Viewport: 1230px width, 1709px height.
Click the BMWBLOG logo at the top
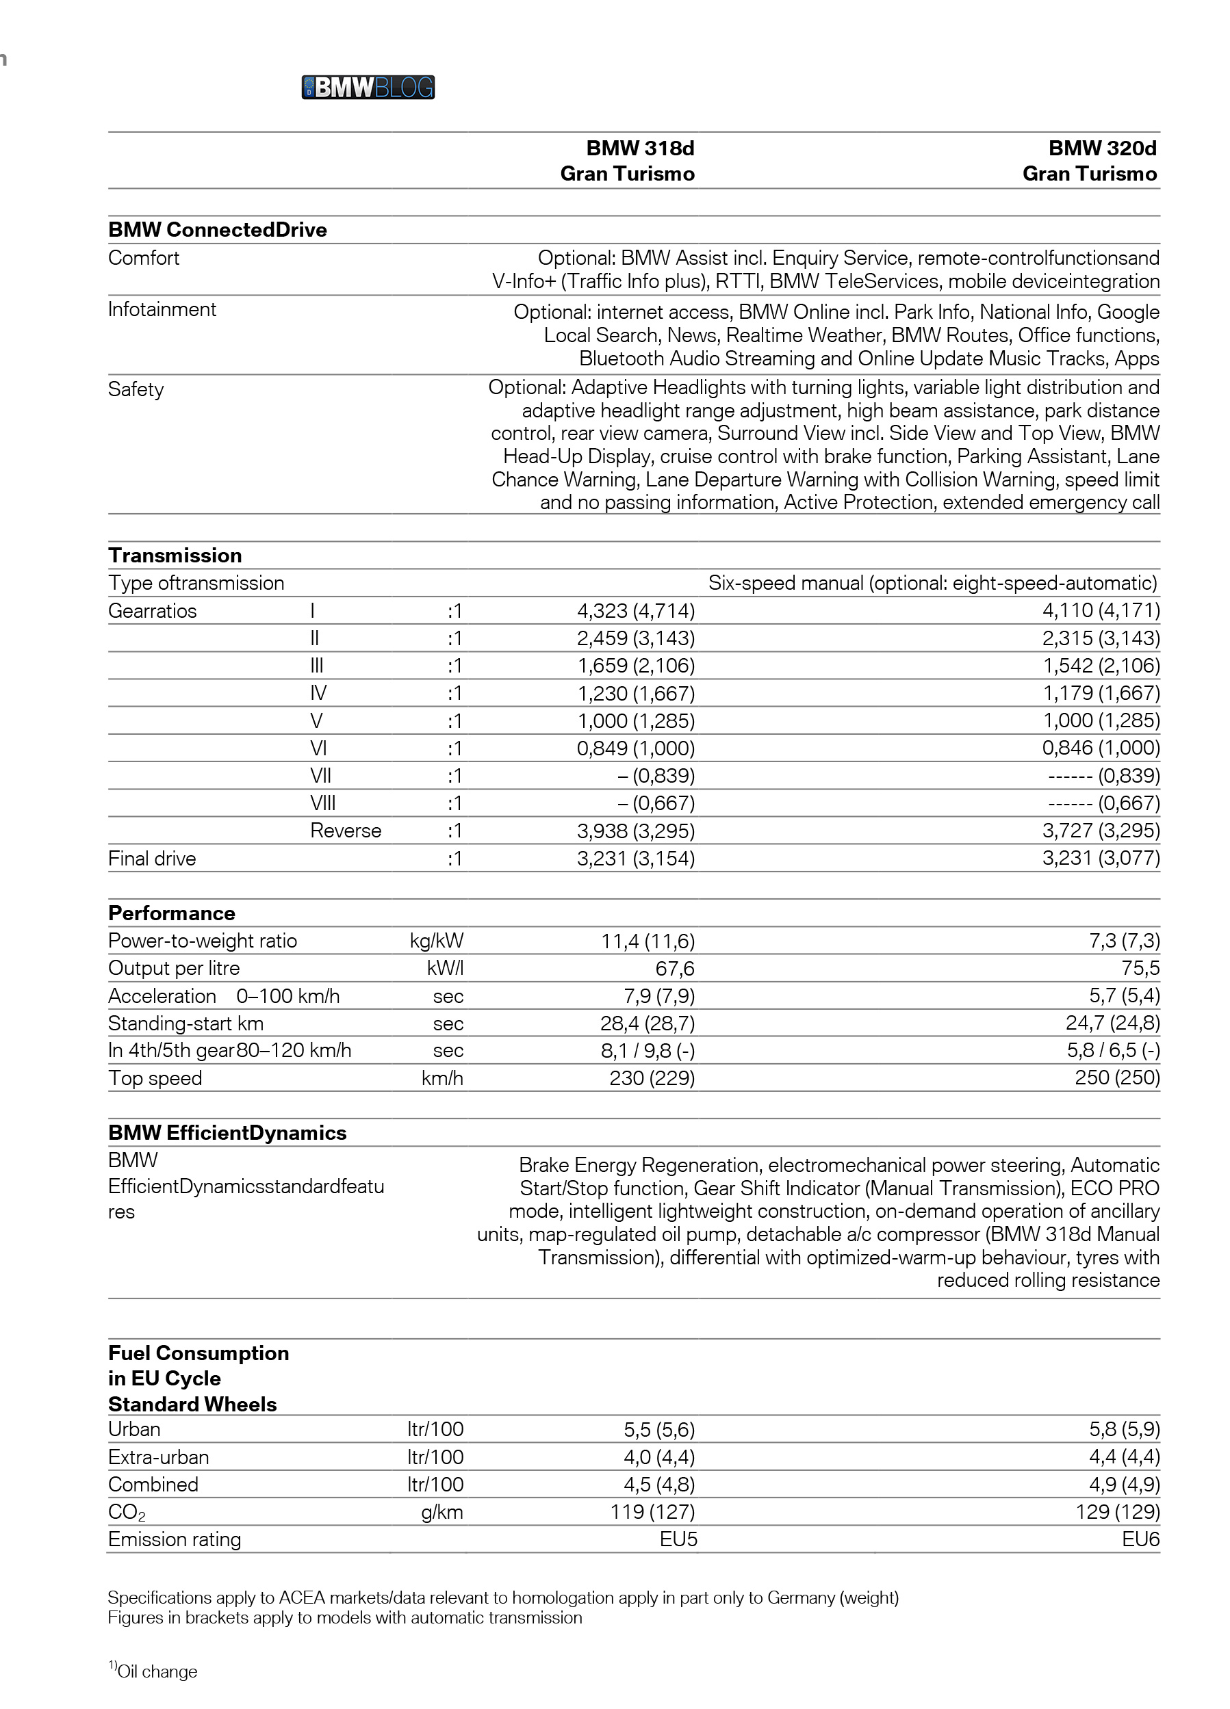pos(368,88)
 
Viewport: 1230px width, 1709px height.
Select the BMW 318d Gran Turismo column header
pos(627,161)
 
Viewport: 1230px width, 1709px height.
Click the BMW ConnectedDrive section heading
pos(217,230)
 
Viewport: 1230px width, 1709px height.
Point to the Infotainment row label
pos(162,310)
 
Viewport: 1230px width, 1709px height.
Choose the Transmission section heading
pos(175,556)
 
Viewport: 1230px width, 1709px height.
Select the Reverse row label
pos(345,831)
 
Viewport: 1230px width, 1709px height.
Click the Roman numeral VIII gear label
pos(322,803)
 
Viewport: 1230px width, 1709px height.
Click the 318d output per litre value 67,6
pos(674,968)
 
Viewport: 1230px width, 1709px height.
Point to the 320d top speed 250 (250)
pos(1117,1078)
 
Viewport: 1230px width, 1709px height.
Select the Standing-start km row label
pos(185,1023)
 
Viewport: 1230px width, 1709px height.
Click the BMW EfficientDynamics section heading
pos(227,1132)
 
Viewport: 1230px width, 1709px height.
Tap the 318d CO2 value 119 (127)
pos(652,1511)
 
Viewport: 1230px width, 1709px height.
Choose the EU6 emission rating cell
pos(1140,1539)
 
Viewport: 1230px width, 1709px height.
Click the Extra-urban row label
pos(158,1457)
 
